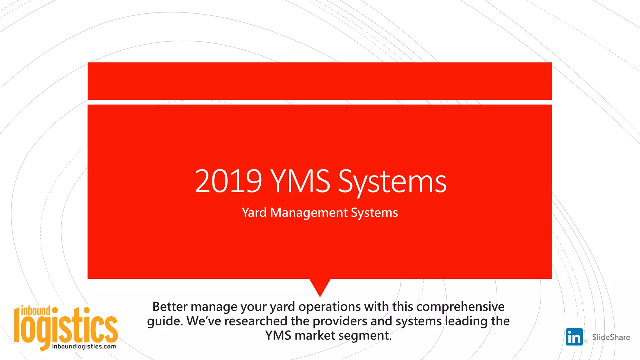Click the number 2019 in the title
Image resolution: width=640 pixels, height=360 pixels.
(228, 181)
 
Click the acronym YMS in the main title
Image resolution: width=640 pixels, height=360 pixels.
(300, 181)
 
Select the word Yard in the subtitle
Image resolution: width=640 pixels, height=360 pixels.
(254, 213)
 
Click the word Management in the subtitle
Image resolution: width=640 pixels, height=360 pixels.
(309, 213)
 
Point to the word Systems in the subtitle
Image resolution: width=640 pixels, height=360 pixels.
(374, 213)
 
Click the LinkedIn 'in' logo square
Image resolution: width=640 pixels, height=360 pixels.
(574, 337)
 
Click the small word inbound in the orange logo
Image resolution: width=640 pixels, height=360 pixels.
(35, 311)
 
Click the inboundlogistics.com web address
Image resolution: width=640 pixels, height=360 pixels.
(84, 347)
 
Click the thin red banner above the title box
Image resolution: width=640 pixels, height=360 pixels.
(320, 81)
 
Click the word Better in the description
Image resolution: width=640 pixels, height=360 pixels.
(170, 307)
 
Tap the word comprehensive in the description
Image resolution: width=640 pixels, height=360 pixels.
(460, 307)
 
